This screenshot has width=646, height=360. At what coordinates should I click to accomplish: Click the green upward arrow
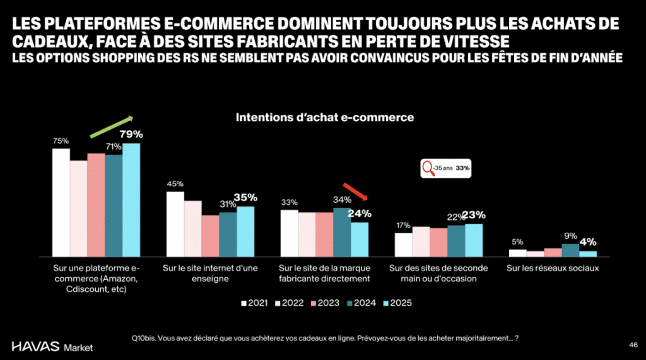pyautogui.click(x=112, y=126)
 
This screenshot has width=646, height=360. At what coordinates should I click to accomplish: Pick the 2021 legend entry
pyautogui.click(x=254, y=303)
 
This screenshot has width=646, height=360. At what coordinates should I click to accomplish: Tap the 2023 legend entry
pyautogui.click(x=326, y=303)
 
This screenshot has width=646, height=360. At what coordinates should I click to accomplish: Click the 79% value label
pyautogui.click(x=131, y=135)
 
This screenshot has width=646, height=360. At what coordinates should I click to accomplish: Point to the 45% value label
pyautogui.click(x=175, y=184)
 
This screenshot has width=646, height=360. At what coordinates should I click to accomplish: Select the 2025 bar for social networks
pyautogui.click(x=588, y=253)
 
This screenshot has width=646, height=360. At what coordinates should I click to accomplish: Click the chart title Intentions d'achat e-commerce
pyautogui.click(x=324, y=117)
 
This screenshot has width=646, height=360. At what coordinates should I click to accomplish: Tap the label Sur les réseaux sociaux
pyautogui.click(x=552, y=268)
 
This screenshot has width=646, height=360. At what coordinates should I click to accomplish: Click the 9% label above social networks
pyautogui.click(x=570, y=237)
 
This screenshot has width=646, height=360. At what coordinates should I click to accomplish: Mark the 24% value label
pyautogui.click(x=361, y=214)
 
